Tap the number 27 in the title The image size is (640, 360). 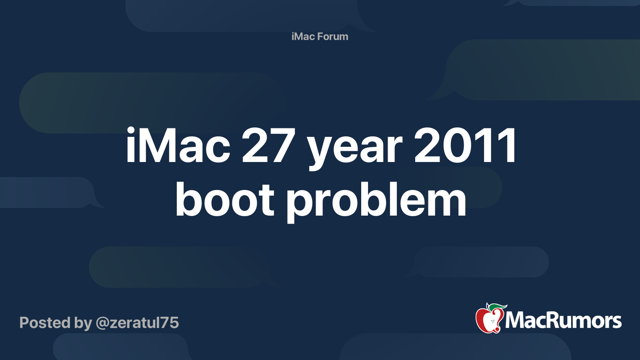(x=268, y=146)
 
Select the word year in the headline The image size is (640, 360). (x=354, y=149)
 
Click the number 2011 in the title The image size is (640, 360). (x=465, y=146)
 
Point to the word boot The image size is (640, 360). (x=224, y=200)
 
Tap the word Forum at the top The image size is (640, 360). (x=333, y=36)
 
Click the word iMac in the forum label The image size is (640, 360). (x=303, y=36)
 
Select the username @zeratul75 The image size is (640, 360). (x=137, y=323)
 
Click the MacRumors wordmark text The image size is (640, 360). (x=563, y=321)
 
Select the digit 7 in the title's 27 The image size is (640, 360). (x=282, y=146)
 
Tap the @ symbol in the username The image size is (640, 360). (x=103, y=323)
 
